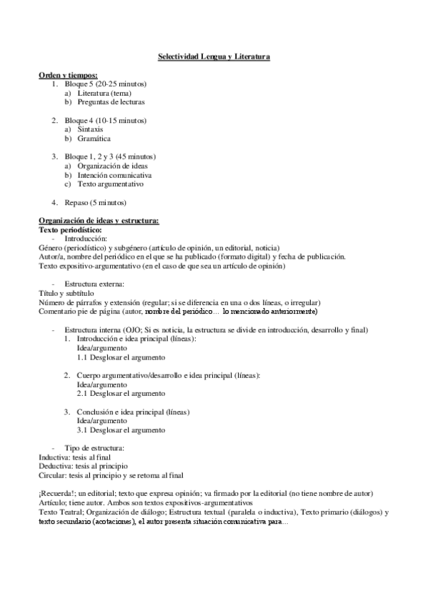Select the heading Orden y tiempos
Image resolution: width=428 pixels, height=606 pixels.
[x=68, y=75]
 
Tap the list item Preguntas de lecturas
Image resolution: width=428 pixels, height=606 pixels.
[x=111, y=102]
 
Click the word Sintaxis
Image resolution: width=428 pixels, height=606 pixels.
[x=90, y=129]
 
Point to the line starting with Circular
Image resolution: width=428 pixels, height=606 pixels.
[x=111, y=475]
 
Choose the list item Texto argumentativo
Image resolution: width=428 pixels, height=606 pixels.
[x=111, y=184]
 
